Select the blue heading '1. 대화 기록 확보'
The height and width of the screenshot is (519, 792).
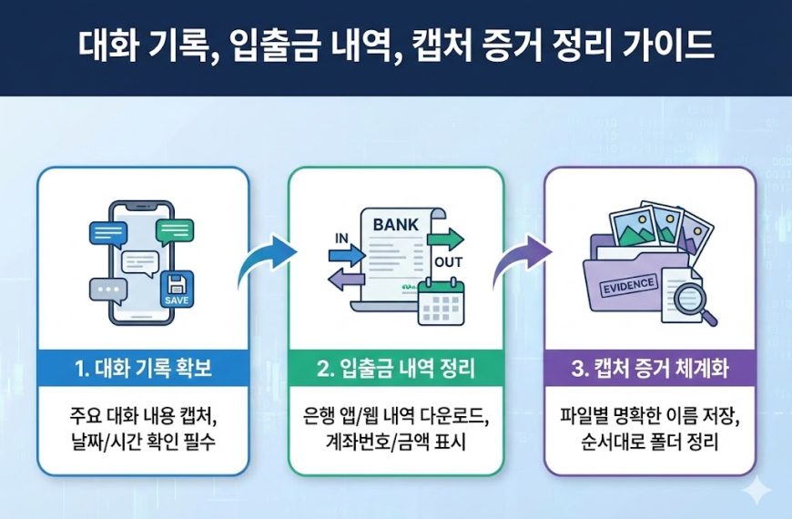click(143, 371)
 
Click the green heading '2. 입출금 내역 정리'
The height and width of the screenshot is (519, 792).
click(396, 371)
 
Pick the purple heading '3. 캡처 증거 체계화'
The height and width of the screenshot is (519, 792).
click(649, 371)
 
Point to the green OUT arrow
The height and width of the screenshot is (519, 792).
click(445, 240)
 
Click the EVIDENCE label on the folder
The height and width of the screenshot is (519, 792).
click(627, 284)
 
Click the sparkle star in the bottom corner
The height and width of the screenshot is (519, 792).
click(755, 493)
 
